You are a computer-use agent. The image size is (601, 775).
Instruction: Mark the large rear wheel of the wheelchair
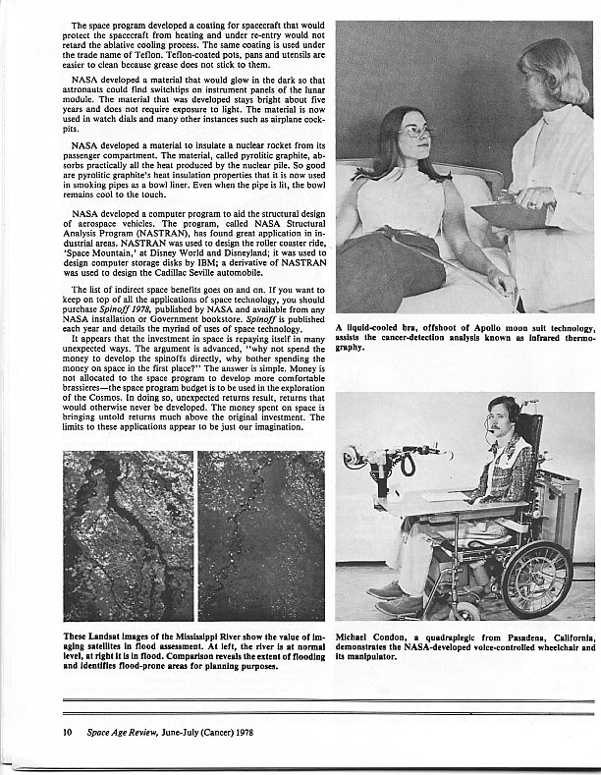tap(536, 580)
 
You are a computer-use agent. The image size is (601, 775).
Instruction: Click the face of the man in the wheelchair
tap(504, 419)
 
